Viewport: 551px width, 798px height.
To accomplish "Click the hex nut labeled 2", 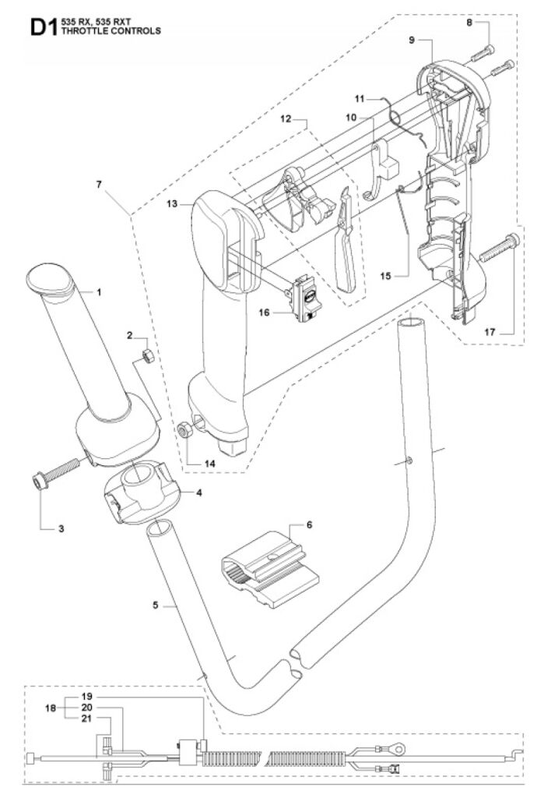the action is (147, 355).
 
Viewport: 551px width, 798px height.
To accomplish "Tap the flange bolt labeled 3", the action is (55, 471).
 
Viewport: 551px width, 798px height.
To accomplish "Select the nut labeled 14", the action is (184, 430).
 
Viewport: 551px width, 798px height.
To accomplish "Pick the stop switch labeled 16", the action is (303, 298).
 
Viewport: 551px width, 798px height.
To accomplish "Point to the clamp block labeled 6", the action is (270, 570).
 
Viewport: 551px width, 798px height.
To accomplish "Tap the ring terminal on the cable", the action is (398, 748).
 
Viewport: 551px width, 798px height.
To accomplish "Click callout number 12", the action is (286, 118).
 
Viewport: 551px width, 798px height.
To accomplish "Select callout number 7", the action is (99, 185).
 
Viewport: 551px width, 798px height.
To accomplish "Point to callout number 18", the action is (51, 708).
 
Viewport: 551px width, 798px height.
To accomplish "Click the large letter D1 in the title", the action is (44, 27).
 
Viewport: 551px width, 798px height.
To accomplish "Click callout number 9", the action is (412, 41).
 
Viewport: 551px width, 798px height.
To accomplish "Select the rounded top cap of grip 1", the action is (50, 278).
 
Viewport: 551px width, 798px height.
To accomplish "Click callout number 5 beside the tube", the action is (156, 605).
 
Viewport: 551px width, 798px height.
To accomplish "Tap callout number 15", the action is (386, 275).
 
